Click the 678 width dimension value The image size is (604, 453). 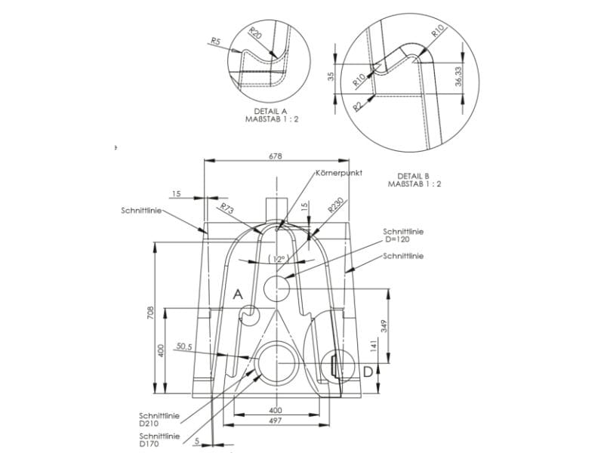pos(275,156)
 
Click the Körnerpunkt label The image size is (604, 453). pos(339,173)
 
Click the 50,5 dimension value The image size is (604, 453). pos(184,347)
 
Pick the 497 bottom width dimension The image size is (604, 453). pos(275,420)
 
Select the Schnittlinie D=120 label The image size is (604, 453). pos(403,235)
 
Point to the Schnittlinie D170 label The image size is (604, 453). pos(159,440)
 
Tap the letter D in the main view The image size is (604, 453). pos(367,371)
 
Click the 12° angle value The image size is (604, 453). pos(278,259)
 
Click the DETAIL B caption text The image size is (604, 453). pos(414,179)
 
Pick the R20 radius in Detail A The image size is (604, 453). pos(255,35)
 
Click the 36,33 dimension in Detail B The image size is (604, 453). pos(459,75)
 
